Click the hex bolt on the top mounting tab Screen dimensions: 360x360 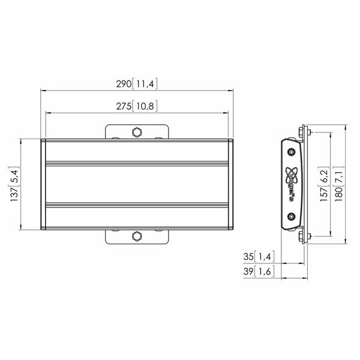pos(137,132)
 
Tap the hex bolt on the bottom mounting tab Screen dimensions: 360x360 pos(137,236)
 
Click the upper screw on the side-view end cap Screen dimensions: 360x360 pos(292,152)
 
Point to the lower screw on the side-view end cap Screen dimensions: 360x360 pos(292,217)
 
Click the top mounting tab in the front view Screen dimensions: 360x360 pos(137,131)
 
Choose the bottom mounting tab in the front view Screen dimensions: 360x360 pos(137,237)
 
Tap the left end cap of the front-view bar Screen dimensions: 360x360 pos(43,184)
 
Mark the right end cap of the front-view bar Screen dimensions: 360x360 pos(231,184)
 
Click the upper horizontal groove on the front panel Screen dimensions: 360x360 pos(137,163)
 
